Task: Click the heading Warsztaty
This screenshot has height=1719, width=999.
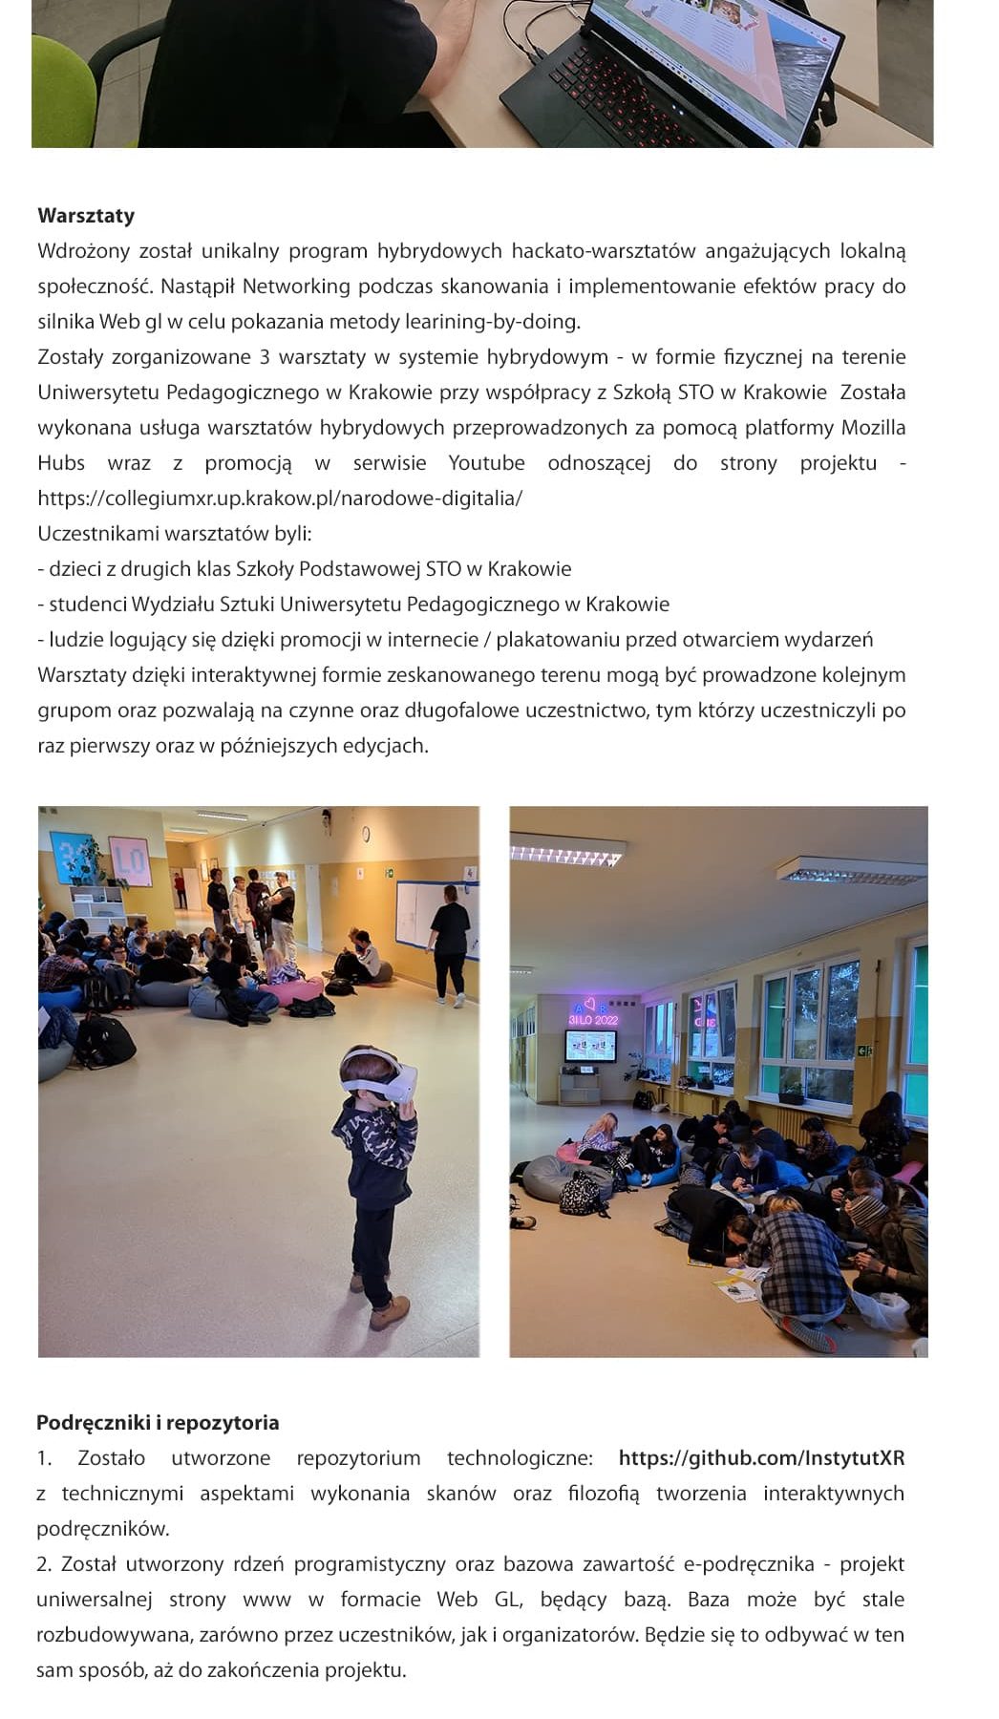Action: click(x=86, y=216)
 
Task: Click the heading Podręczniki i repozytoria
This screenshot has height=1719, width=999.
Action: click(x=158, y=1423)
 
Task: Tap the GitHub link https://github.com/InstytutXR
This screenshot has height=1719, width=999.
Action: click(x=761, y=1458)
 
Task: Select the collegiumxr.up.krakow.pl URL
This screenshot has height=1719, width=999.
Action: click(x=280, y=499)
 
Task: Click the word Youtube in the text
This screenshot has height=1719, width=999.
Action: click(x=486, y=463)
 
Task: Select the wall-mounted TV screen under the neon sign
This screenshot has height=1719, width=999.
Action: click(x=590, y=1047)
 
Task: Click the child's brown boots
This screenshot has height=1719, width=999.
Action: click(x=387, y=1310)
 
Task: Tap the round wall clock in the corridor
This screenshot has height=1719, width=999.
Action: click(x=366, y=835)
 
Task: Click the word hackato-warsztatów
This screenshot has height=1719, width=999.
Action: click(x=604, y=251)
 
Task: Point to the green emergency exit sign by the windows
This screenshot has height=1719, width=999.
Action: click(x=864, y=1051)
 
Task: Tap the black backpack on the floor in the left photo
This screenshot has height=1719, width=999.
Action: click(x=105, y=1041)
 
